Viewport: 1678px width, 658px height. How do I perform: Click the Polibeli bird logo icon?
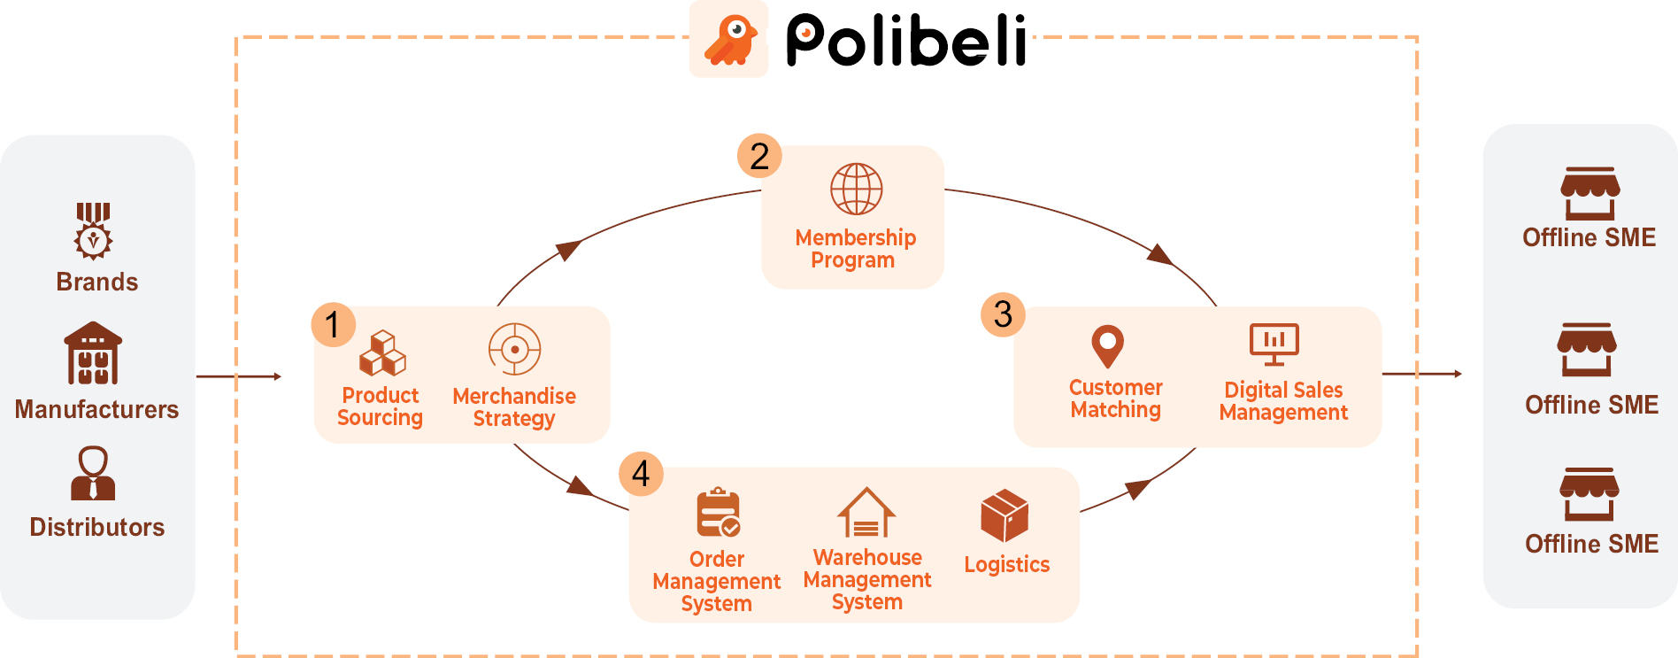pos(729,40)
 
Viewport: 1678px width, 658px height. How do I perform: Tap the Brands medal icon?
pos(93,231)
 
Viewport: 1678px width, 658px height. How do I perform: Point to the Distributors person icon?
pos(93,473)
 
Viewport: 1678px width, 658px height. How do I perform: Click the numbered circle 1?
pos(333,324)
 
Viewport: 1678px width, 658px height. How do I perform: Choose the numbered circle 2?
pos(759,156)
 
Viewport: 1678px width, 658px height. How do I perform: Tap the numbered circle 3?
pos(1003,314)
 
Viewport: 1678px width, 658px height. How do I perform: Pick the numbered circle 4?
pos(641,473)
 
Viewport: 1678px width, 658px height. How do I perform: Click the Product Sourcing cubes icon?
pos(382,353)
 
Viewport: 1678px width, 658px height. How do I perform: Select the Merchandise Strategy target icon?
pos(514,349)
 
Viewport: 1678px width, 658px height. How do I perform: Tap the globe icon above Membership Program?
pos(856,189)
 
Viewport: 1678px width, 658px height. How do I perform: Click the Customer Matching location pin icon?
pos(1107,346)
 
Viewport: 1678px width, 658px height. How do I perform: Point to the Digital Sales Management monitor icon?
pos(1274,344)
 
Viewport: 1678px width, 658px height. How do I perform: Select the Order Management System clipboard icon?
pos(718,513)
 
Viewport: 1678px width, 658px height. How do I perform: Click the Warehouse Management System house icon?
pos(866,513)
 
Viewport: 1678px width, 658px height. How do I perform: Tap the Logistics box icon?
pos(1004,515)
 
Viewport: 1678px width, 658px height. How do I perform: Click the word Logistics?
pos(1006,565)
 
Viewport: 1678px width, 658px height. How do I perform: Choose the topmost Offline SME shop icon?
pos(1589,193)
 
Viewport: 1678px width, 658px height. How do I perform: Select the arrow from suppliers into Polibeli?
pos(238,376)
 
